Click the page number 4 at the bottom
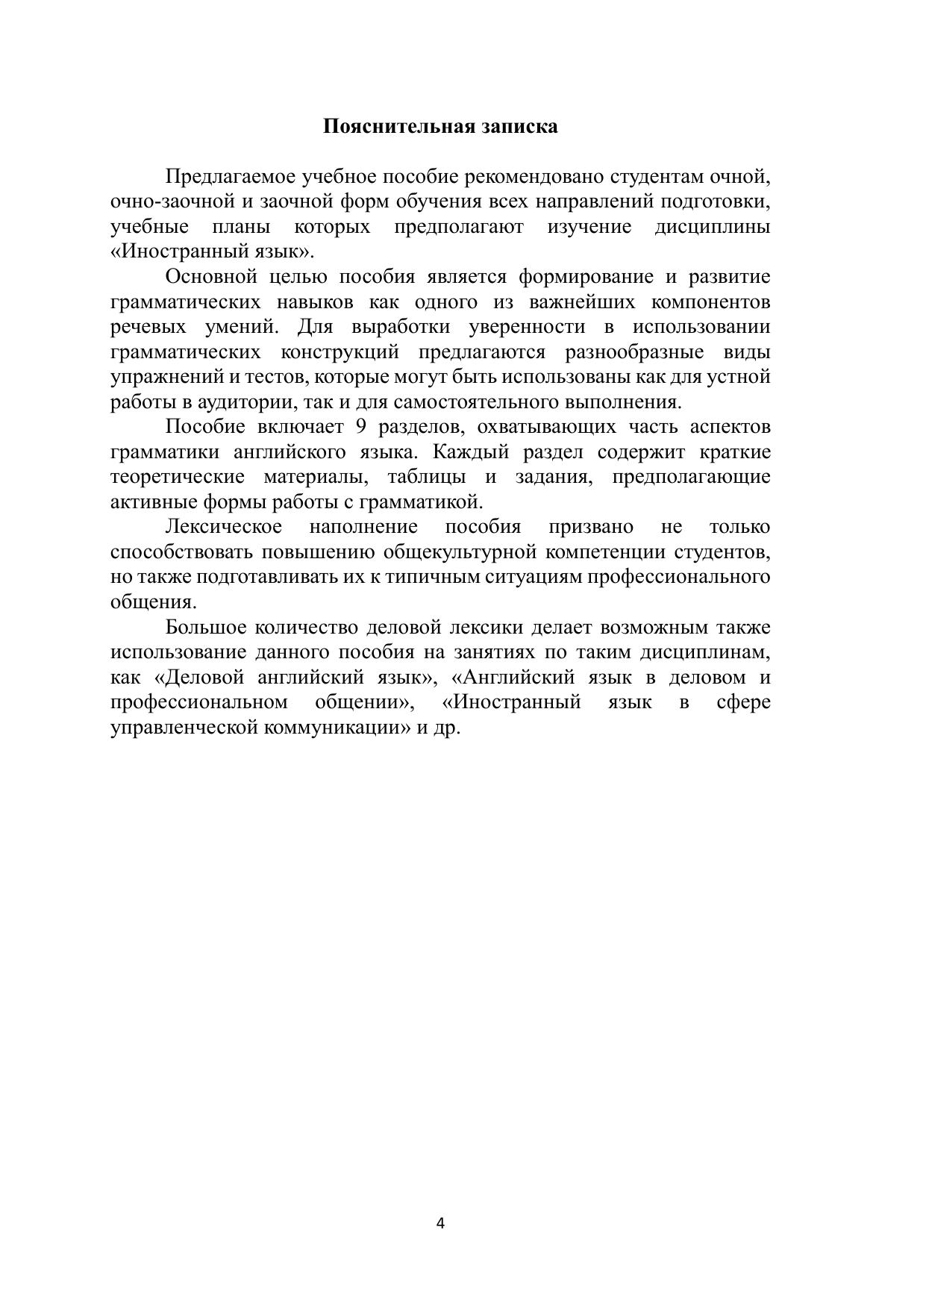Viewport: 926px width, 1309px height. [440, 1223]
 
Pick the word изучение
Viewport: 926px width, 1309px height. [589, 227]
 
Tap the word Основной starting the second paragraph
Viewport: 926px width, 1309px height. [211, 277]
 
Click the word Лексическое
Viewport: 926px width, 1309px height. [223, 527]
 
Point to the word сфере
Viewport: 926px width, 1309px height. [743, 702]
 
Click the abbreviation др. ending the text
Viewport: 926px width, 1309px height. [447, 728]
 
